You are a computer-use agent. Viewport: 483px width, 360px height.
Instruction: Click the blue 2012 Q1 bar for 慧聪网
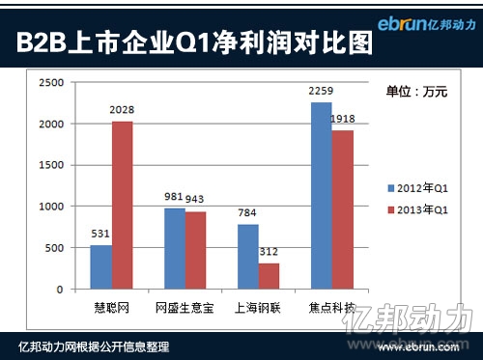pos(101,266)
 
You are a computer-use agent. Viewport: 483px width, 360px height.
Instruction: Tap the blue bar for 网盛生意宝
pos(175,248)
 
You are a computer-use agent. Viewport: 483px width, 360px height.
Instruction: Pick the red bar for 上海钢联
pos(270,276)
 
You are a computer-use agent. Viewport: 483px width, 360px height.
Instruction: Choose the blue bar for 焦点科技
pos(321,195)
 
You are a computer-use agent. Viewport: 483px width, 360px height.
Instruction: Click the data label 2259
pos(321,92)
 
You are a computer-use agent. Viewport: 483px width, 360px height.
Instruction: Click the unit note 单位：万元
pos(417,92)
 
